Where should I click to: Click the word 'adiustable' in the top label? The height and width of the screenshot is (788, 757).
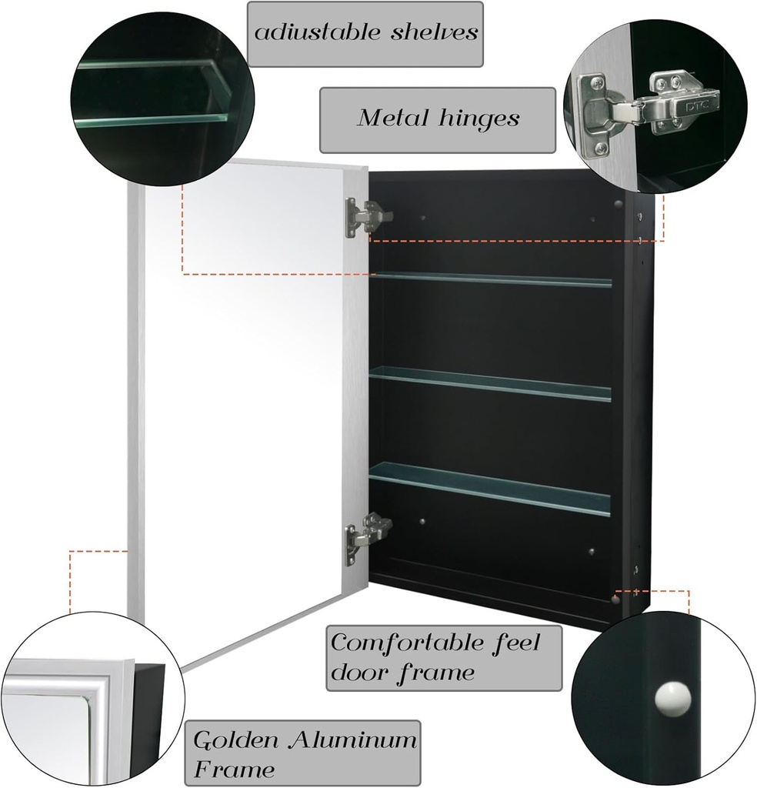[312, 33]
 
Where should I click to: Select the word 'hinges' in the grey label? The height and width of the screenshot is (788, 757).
[481, 119]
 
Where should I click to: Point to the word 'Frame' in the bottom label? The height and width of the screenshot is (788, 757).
[234, 768]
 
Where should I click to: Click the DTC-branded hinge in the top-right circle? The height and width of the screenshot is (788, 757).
[673, 104]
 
